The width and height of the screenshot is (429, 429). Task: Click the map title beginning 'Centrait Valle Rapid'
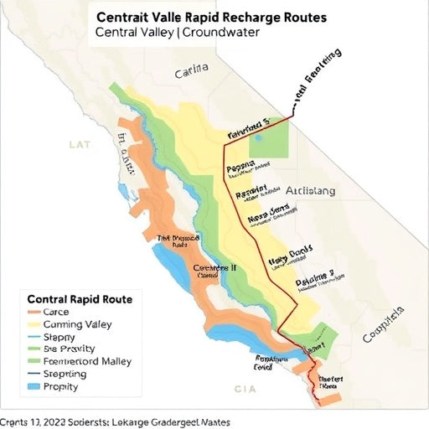click(212, 17)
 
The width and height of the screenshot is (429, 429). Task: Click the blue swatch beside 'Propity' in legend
click(34, 388)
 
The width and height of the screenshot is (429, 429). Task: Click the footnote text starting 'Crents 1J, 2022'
click(116, 422)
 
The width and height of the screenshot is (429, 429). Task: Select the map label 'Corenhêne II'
click(215, 269)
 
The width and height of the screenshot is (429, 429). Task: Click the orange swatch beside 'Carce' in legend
click(34, 312)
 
